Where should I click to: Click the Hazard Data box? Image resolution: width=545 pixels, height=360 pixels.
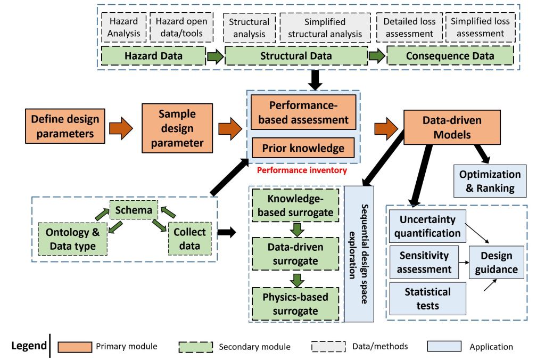153,56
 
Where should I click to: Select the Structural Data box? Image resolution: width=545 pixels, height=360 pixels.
296,56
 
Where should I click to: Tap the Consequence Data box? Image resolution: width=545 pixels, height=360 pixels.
450,56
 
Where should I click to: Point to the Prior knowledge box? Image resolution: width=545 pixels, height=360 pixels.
303,148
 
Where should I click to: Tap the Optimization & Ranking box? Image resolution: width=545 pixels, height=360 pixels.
490,181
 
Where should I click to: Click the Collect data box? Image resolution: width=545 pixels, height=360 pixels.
189,239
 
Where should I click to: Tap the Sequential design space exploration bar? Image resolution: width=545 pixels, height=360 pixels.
359,253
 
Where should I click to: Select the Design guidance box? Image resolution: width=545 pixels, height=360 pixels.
496,263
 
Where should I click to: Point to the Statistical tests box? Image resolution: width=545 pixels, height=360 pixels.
428,298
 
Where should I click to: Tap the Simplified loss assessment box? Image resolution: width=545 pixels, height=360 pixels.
480,27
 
